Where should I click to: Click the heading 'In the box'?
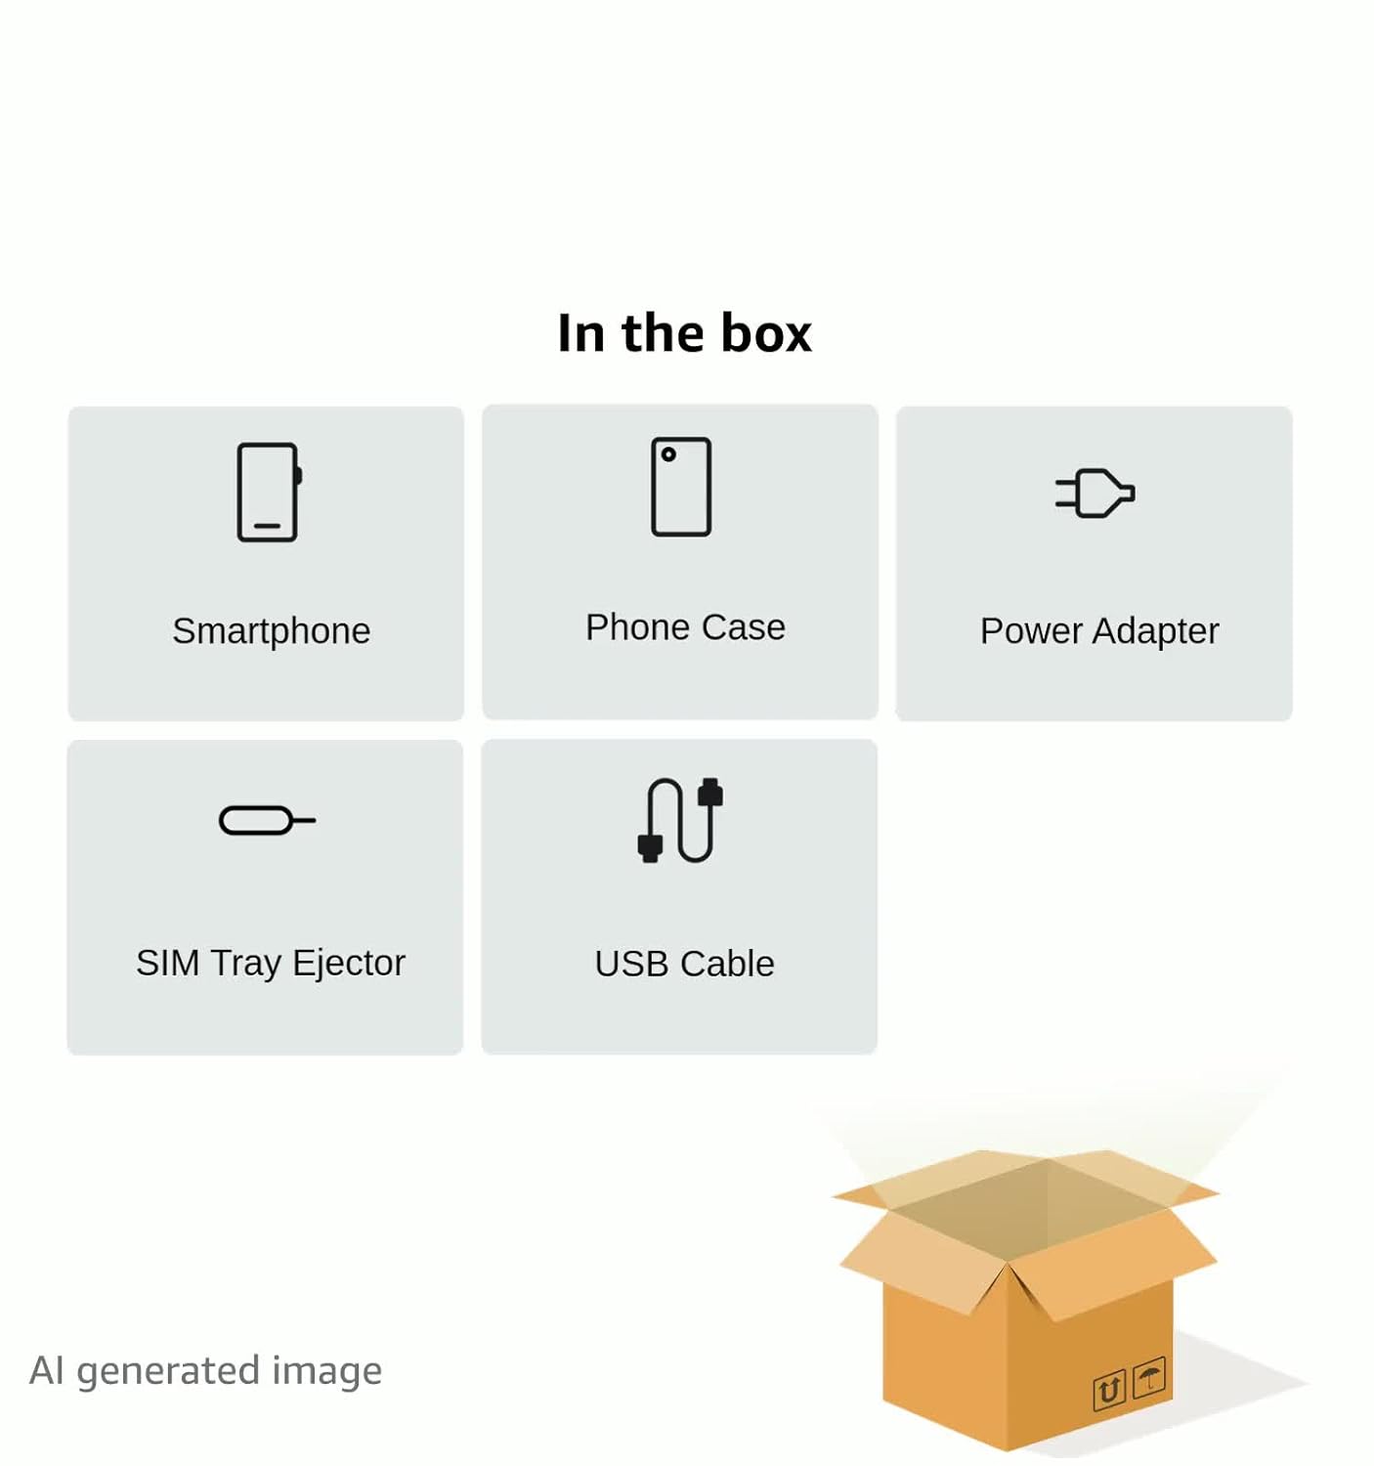[x=684, y=333]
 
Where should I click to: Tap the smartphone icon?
[x=268, y=492]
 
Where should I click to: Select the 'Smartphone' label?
[x=271, y=631]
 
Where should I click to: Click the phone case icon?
[x=681, y=487]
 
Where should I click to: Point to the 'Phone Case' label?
[x=685, y=627]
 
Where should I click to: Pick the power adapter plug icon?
[x=1095, y=493]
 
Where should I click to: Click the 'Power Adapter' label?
[x=1099, y=631]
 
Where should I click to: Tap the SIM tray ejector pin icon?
[x=267, y=820]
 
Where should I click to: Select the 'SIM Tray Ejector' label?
[x=271, y=963]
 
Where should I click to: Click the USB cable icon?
[x=680, y=820]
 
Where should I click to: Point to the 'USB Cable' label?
[x=684, y=964]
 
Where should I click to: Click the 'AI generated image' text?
[x=205, y=1370]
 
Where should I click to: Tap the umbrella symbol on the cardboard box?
[x=1149, y=1379]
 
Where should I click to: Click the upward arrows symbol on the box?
[x=1109, y=1390]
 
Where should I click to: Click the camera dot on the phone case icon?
[x=668, y=454]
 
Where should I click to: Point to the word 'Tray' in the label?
[x=245, y=964]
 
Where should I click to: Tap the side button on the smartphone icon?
[x=299, y=475]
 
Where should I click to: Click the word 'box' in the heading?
[x=766, y=333]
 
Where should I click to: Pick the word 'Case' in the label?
[x=743, y=627]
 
